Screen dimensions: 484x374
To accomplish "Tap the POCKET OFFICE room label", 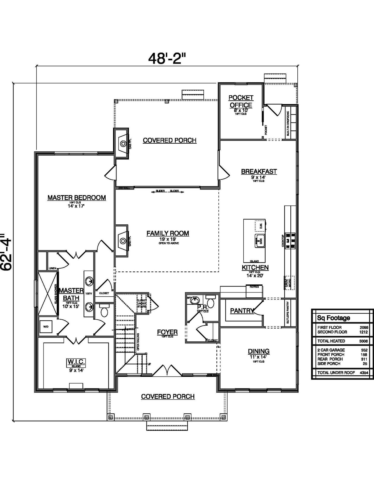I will click(x=241, y=101).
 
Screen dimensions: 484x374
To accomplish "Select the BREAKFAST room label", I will click(x=259, y=171).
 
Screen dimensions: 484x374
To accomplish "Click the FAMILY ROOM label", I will click(x=168, y=233).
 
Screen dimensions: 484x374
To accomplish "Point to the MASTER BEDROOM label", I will click(x=77, y=198).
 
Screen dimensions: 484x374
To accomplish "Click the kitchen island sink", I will click(x=259, y=241).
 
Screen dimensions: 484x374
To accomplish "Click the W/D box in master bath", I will click(x=46, y=326).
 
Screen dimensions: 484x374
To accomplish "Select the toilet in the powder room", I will click(x=210, y=302).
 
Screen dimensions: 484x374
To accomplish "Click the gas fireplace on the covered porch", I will click(x=122, y=143).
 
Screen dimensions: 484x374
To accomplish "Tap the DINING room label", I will click(x=259, y=351).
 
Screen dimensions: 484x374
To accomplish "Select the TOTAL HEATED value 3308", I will click(x=363, y=341).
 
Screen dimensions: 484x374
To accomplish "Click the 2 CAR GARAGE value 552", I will click(x=364, y=350).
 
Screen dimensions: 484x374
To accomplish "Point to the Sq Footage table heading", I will click(x=333, y=318).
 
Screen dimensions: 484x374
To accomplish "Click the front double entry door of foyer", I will click(x=167, y=370).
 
